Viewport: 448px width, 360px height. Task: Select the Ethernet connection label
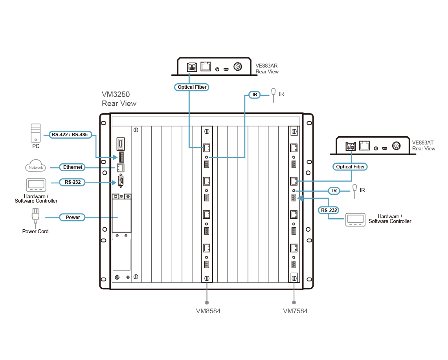coord(73,167)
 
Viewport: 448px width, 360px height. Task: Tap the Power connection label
coord(73,217)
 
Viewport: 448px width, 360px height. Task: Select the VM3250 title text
coord(119,99)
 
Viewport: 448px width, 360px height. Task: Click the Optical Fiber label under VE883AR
coord(192,87)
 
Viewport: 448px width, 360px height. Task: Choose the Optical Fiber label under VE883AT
coord(351,167)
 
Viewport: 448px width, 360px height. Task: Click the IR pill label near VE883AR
coord(255,95)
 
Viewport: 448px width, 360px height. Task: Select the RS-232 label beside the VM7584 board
coord(329,210)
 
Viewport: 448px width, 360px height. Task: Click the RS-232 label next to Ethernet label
coord(72,182)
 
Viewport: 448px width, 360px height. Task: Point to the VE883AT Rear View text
coord(423,146)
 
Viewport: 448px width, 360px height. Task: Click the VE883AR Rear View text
coord(267,69)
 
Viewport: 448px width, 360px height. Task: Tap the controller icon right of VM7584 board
coord(355,220)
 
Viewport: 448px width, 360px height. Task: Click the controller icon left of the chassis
coord(36,185)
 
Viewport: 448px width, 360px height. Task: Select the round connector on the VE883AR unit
coord(238,67)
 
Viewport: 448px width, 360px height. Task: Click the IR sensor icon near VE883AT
coord(355,189)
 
